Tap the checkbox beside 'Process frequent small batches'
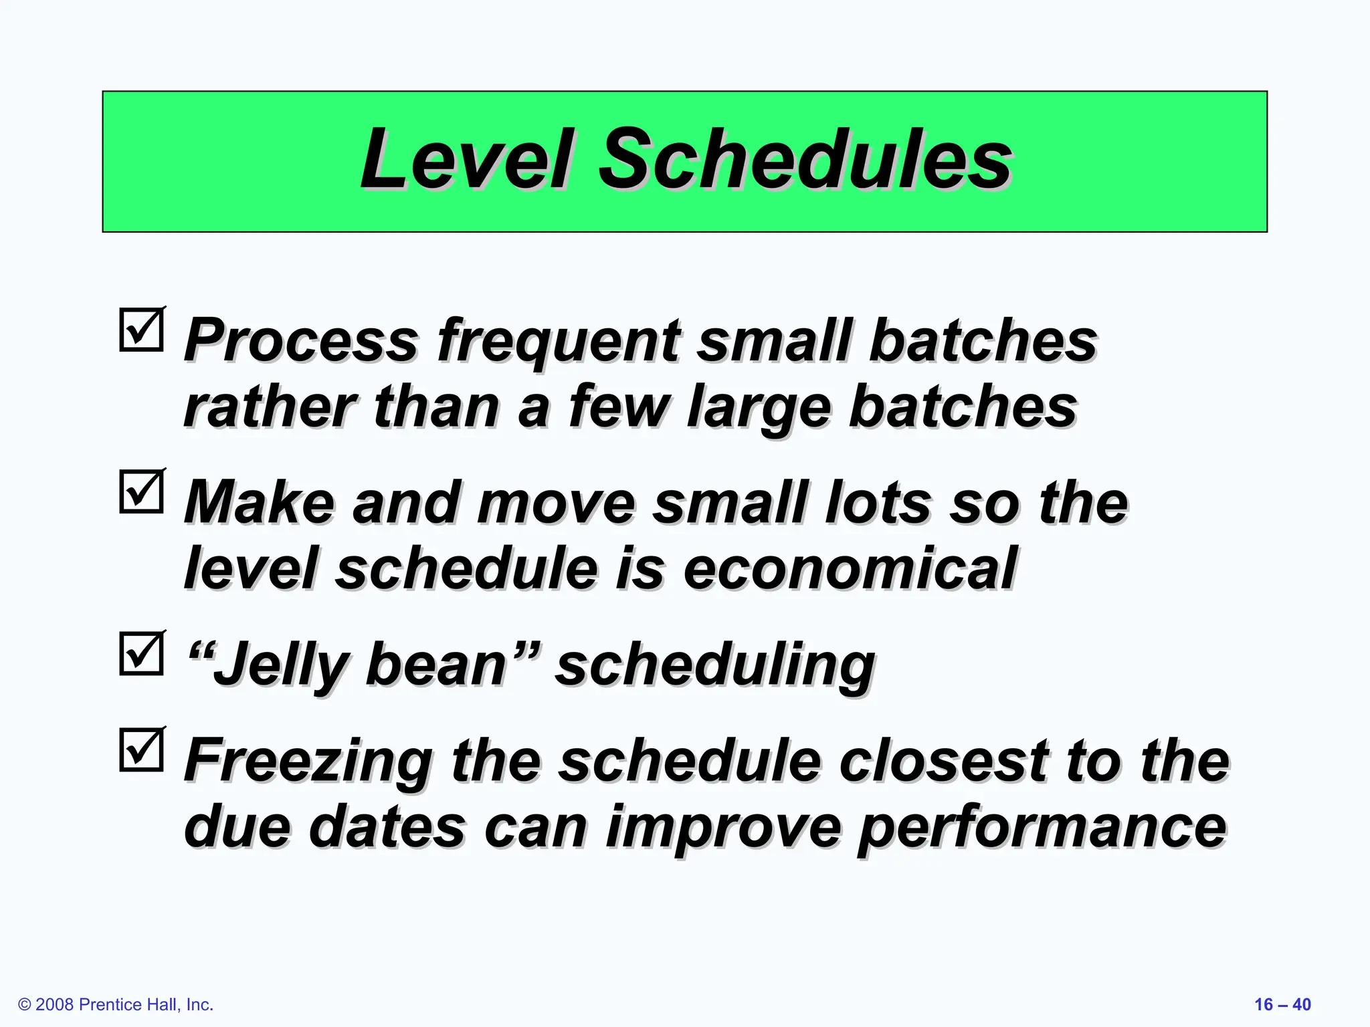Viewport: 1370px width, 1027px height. coord(142,330)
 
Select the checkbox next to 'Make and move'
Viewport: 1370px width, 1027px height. coord(142,491)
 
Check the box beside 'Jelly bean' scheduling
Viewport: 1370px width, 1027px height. coord(142,653)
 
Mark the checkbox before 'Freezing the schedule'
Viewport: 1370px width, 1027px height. coord(142,750)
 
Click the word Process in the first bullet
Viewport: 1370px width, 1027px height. coord(301,341)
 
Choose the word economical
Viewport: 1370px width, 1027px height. coord(850,568)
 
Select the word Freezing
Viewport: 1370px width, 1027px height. coord(308,762)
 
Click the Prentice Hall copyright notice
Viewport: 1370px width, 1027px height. coord(116,1004)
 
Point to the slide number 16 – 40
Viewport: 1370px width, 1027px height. coord(1282,1004)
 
